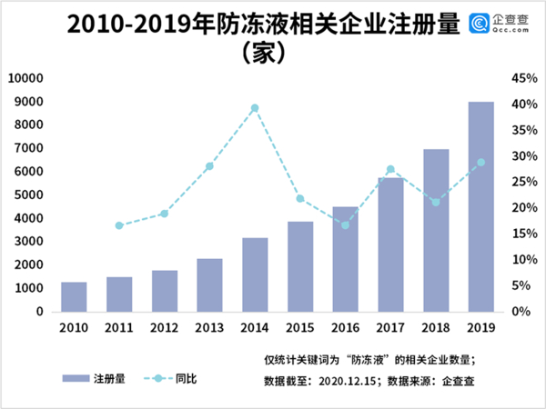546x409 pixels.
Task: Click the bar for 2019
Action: coord(481,206)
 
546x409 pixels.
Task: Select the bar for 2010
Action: coord(74,296)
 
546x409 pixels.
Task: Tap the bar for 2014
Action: coord(255,274)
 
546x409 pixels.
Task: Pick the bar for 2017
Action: coord(390,244)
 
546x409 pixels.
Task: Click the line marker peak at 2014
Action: coord(255,108)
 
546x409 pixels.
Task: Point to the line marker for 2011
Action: coord(119,225)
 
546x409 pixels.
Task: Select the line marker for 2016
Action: coord(345,224)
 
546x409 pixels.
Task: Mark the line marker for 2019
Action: coord(481,163)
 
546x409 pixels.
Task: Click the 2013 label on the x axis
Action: coord(209,328)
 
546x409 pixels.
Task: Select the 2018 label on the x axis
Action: coord(436,328)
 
